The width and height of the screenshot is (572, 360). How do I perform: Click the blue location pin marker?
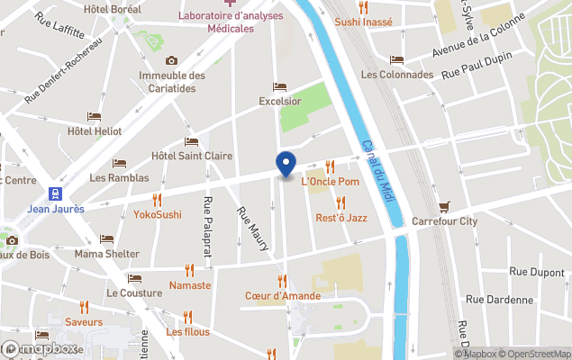286,165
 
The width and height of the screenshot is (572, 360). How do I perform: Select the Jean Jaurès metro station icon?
57,193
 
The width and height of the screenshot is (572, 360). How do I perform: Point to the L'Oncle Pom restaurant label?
330,182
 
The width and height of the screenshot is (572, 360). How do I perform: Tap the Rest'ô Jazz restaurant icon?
340,203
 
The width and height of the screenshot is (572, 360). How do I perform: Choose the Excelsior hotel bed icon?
279,87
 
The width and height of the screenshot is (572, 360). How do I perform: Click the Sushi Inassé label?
364,22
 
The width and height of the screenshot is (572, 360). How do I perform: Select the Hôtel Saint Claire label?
192,156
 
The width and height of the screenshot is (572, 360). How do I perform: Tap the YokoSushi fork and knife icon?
158,200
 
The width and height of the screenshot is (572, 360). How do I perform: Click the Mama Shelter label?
106,254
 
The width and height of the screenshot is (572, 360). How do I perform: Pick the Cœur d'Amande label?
282,295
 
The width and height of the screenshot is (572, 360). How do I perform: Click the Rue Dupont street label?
537,271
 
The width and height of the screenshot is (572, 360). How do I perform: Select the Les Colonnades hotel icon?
397,60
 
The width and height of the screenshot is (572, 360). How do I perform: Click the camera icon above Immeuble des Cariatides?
171,60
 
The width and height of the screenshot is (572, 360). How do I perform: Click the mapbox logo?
39,348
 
